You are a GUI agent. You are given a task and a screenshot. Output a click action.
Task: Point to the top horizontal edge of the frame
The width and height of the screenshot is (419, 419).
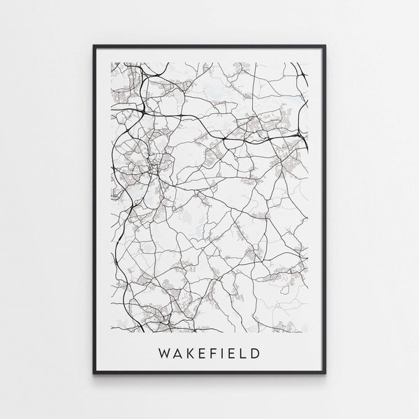(209, 46)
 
